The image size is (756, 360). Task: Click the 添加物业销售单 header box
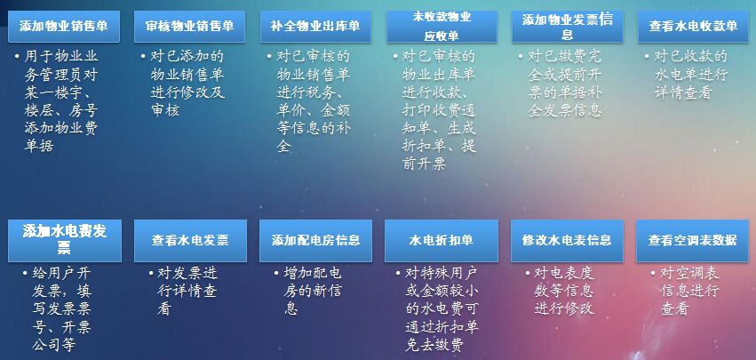(64, 26)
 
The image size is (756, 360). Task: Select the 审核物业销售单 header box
(190, 26)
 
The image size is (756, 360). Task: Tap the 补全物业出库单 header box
(315, 26)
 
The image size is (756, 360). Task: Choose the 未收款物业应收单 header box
(442, 26)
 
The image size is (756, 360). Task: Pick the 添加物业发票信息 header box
(568, 26)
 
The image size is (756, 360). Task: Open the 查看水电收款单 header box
(693, 26)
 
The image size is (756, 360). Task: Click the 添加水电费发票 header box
(65, 240)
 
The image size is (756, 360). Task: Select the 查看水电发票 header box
(190, 240)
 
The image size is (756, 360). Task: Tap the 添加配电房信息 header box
(315, 240)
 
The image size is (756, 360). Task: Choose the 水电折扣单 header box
(442, 240)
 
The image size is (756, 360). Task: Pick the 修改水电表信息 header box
(567, 240)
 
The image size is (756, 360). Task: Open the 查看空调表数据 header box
(692, 240)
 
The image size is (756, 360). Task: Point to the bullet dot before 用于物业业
(18, 58)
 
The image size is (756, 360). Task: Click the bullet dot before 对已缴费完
(521, 58)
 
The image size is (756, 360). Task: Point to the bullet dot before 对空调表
(653, 274)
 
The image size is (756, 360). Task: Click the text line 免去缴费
(434, 345)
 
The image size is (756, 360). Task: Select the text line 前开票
(425, 164)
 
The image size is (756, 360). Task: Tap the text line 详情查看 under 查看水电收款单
(682, 92)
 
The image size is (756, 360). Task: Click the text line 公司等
(54, 345)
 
